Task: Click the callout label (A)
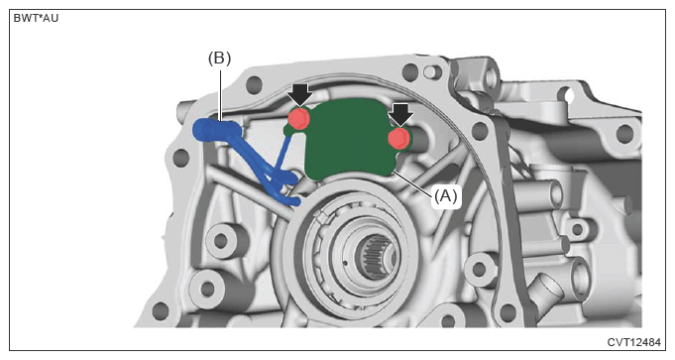point(445,196)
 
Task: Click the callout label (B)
point(219,59)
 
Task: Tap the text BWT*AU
point(36,19)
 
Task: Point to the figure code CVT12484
point(633,342)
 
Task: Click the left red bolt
point(298,118)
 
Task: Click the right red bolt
point(398,138)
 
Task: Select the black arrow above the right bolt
point(400,115)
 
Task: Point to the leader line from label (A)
point(412,184)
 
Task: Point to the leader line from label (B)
point(221,95)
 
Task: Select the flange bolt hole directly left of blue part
point(181,158)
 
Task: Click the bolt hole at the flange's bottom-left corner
point(161,310)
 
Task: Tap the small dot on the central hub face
point(345,262)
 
